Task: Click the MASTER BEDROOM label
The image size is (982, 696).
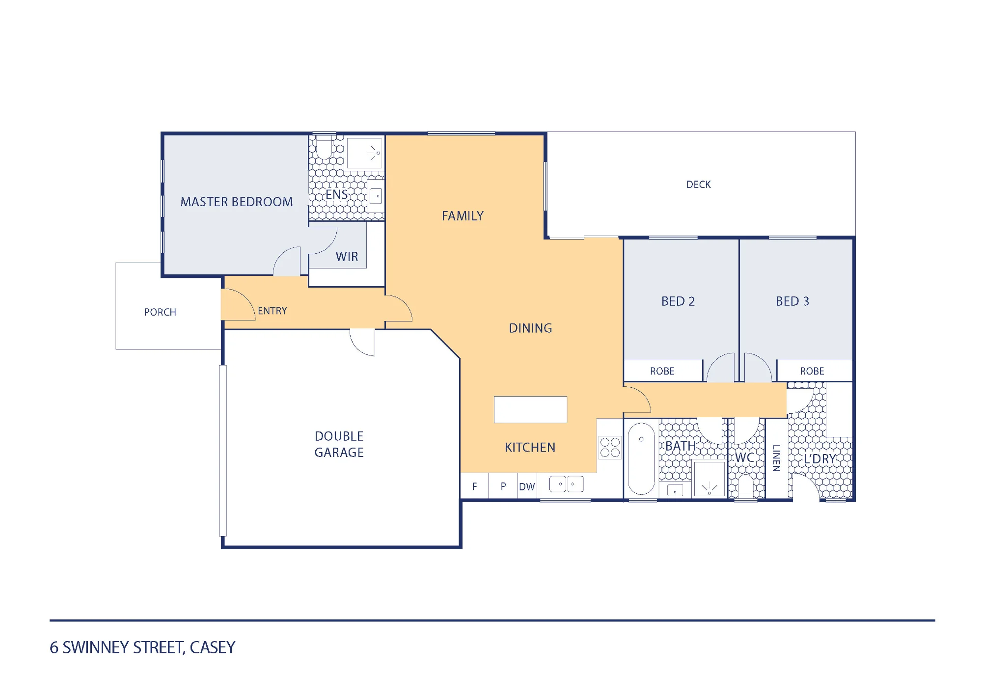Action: point(237,202)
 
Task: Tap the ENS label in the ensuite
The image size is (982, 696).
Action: point(337,195)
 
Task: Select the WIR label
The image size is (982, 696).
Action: point(347,257)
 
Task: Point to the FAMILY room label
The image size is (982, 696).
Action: point(463,216)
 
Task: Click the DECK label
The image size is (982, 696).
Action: point(699,185)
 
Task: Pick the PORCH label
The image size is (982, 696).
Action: point(160,312)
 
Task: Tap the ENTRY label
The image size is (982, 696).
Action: point(273,311)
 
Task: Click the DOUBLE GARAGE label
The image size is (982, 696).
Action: point(339,444)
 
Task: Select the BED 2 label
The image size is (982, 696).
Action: point(678,301)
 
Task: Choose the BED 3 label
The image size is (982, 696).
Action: point(792,301)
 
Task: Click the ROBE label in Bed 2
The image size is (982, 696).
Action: point(662,371)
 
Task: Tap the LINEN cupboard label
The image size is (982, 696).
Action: point(776,458)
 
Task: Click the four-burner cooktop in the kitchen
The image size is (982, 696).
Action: point(610,448)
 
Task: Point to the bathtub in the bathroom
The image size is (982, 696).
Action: point(641,458)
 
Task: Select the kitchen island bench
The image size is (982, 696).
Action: point(530,409)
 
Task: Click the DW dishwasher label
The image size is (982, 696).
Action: point(527,487)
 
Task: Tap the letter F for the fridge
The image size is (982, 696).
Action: point(474,486)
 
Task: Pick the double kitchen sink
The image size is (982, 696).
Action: point(567,484)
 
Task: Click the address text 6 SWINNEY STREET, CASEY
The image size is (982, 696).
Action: point(142,647)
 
